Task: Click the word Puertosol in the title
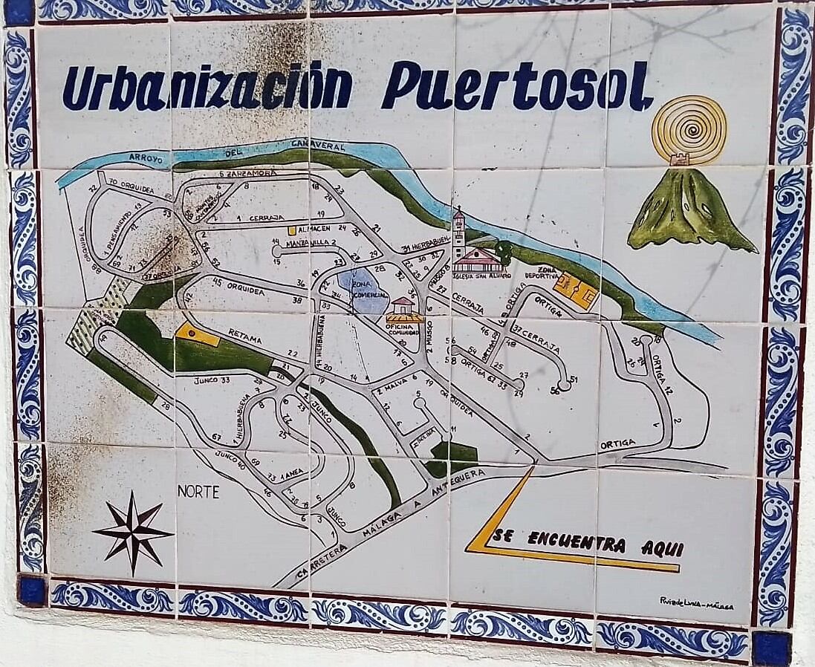[517, 88]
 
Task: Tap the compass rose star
[133, 532]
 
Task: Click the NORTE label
[198, 492]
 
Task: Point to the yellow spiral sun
[689, 129]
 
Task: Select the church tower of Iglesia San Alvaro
[458, 236]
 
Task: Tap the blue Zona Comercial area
[361, 290]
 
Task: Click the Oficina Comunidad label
[404, 329]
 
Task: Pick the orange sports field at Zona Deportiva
[577, 290]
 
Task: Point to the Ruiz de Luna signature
[696, 604]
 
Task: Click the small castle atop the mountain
[679, 159]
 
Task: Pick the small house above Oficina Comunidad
[403, 306]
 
